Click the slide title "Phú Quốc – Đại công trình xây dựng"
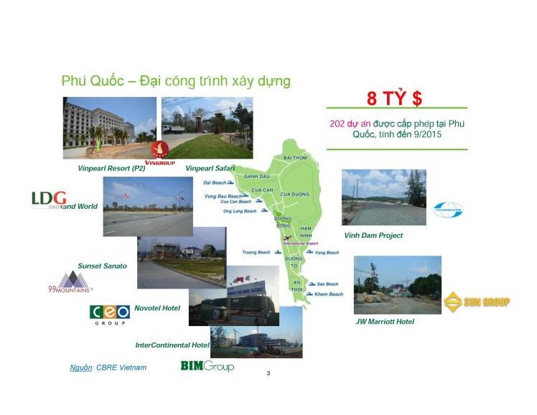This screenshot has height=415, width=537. (175, 80)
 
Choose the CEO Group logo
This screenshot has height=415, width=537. (109, 314)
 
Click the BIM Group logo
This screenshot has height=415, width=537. (207, 366)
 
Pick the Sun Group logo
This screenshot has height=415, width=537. (476, 302)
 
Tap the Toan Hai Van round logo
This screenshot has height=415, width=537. (448, 210)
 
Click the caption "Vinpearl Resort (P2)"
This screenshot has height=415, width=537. (111, 168)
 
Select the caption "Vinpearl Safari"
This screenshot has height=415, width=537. (210, 168)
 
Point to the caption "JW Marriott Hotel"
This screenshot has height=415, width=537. (385, 322)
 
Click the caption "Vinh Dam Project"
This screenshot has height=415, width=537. (373, 236)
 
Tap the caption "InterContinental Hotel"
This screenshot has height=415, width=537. (172, 345)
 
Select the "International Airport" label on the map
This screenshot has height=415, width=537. (301, 243)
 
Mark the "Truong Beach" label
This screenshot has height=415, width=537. (256, 252)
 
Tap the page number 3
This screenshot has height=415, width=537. (268, 373)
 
